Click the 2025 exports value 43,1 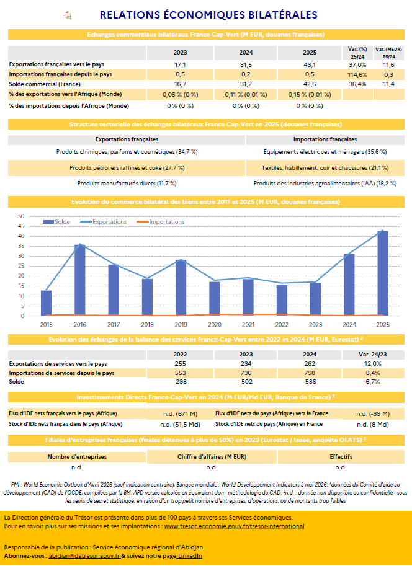[310, 65]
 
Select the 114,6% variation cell [357, 75]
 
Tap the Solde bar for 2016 [80, 280]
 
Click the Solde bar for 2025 [383, 273]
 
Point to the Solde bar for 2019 [181, 288]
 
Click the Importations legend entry [161, 222]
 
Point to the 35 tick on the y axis [21, 246]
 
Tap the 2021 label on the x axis [248, 324]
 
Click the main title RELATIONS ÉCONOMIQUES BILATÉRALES [208, 15]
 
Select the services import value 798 [310, 373]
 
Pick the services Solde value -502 [246, 381]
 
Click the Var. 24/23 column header [373, 355]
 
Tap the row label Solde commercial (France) [45, 84]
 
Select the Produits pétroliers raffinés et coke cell [127, 168]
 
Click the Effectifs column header [341, 457]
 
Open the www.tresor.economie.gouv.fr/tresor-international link [234, 526]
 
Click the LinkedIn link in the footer [190, 556]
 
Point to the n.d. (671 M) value [180, 413]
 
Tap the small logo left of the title [67, 15]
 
